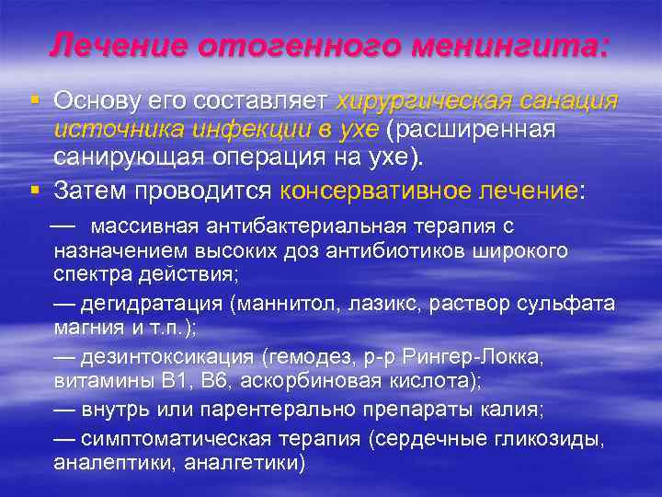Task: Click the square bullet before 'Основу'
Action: (x=34, y=98)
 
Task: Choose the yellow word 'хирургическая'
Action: (x=427, y=99)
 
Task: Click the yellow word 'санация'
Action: (x=572, y=99)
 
